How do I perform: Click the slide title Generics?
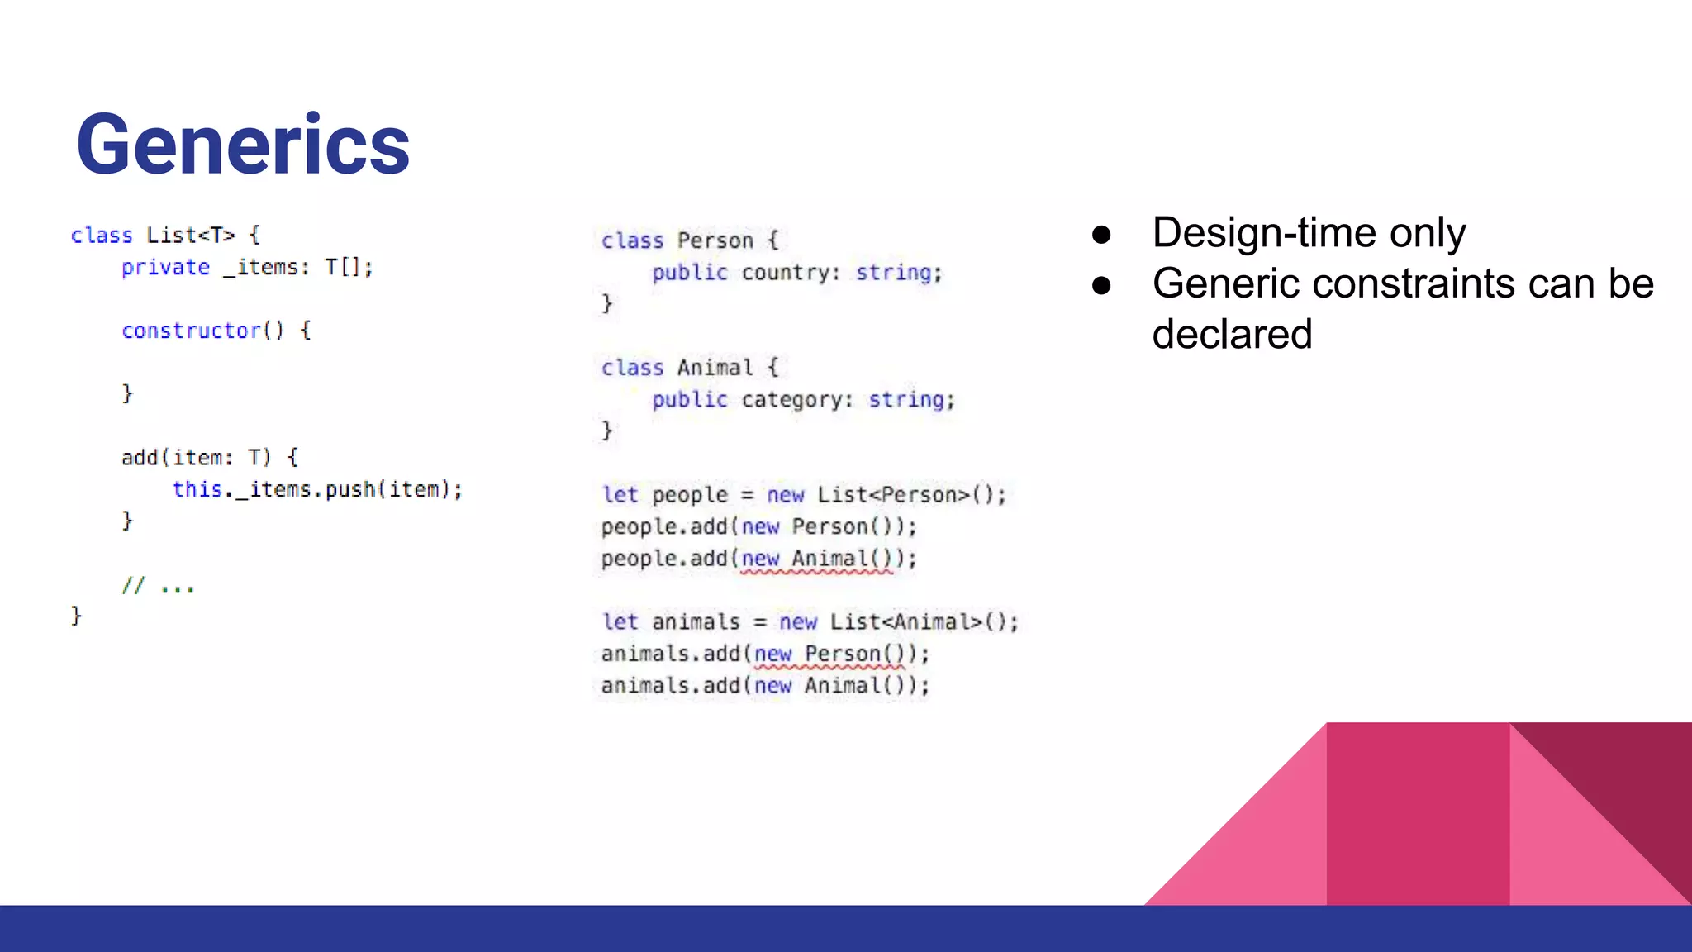click(243, 145)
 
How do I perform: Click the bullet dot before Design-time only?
click(1100, 235)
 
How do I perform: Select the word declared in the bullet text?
click(1232, 335)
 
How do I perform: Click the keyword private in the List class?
click(165, 268)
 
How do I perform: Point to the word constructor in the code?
click(191, 331)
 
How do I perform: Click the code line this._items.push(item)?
click(317, 490)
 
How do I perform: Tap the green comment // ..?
click(133, 586)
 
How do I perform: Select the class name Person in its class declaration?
click(715, 240)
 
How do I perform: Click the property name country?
click(790, 273)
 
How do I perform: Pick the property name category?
click(796, 400)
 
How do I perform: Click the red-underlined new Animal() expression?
click(816, 559)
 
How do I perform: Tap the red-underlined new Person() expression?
click(829, 654)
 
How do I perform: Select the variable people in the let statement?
click(690, 495)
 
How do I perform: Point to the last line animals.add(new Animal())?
click(765, 686)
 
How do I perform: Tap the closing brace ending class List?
click(76, 616)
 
